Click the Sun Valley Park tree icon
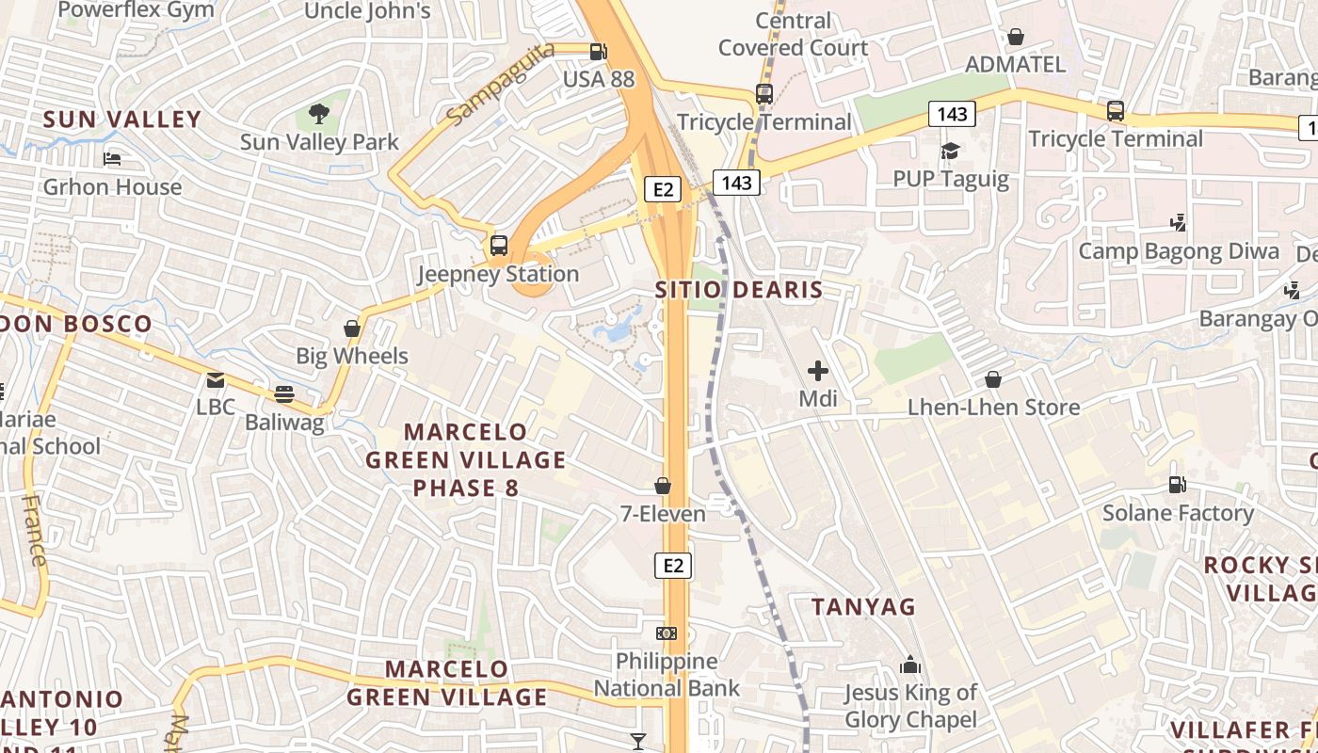[x=319, y=115]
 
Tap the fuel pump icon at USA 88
[x=598, y=52]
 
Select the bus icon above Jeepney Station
[x=499, y=247]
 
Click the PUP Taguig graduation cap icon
[x=950, y=152]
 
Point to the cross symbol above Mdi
[x=818, y=371]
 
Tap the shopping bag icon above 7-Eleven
[x=663, y=486]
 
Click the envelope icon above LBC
[x=216, y=380]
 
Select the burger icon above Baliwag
[x=283, y=394]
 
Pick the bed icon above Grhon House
[x=112, y=159]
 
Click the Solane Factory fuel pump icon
[x=1177, y=485]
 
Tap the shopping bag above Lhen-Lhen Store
[x=993, y=379]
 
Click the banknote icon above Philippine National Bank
[x=667, y=633]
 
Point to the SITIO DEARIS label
[x=739, y=290]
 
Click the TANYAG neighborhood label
[x=863, y=607]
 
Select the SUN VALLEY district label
[x=122, y=120]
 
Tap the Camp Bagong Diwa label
[x=1179, y=251]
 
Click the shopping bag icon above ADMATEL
[x=1016, y=38]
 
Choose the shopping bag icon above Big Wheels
[x=352, y=328]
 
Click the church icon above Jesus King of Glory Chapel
[x=909, y=665]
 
